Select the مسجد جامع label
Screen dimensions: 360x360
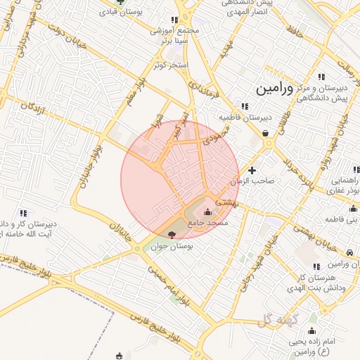coord(212,223)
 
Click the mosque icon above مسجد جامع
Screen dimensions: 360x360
coord(207,212)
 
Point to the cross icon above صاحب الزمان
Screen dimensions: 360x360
coord(252,170)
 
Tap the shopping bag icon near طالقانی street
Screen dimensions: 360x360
coord(264,131)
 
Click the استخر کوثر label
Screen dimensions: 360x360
coord(172,65)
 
